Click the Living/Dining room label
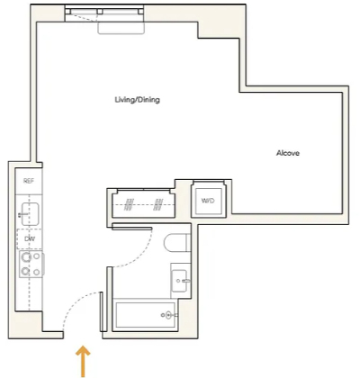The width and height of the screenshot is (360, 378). (x=137, y=100)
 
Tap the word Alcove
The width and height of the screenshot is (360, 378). (x=288, y=153)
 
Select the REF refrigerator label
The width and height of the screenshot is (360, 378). (x=29, y=181)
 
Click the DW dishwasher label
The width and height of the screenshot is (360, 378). (x=30, y=238)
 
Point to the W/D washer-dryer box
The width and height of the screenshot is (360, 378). (x=208, y=201)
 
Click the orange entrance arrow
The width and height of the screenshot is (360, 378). (x=83, y=361)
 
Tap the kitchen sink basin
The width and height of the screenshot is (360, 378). (x=30, y=214)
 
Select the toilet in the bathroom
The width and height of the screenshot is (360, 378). (x=177, y=243)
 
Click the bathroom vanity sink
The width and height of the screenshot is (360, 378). (x=179, y=281)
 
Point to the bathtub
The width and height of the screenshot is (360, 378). (x=145, y=315)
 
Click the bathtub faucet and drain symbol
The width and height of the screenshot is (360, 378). (x=169, y=315)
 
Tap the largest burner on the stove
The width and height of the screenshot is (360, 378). (x=26, y=257)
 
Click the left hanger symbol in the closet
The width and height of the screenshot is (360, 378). (x=129, y=204)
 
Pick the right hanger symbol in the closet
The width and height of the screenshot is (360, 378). (x=158, y=204)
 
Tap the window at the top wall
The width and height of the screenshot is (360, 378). (x=104, y=14)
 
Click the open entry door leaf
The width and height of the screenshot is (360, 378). (x=101, y=311)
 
